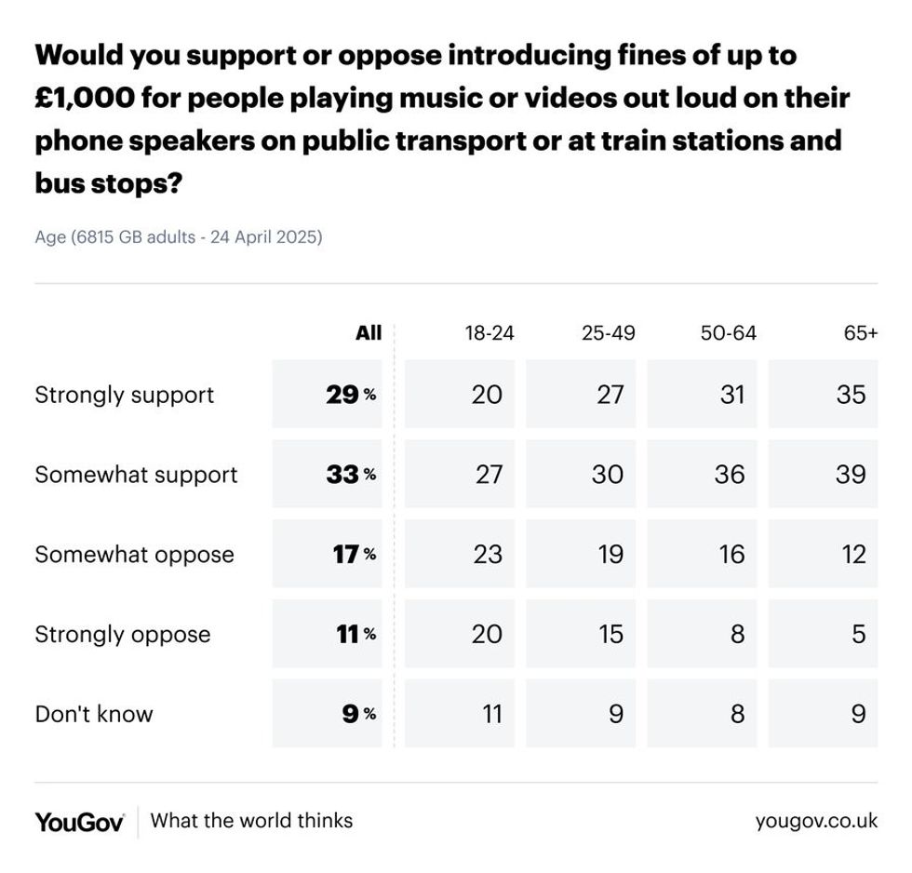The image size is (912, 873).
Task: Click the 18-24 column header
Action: point(490,333)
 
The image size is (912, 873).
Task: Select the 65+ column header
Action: point(860,333)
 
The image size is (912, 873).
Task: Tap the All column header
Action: point(369,333)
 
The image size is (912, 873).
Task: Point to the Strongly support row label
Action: point(125,395)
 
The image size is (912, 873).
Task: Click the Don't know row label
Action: point(94,714)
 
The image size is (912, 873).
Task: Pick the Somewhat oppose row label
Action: point(134,555)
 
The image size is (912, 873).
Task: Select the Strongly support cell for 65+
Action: point(823,395)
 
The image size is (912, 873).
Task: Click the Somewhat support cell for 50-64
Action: point(702,475)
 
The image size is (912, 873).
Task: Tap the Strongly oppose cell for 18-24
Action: point(459,634)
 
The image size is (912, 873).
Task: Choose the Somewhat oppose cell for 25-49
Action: point(581,555)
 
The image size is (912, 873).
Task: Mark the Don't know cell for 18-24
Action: point(459,714)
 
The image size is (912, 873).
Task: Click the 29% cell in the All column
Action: point(328,395)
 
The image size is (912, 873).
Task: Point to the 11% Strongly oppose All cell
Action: point(328,634)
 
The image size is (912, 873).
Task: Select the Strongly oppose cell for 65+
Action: point(823,634)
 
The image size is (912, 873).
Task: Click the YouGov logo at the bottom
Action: point(80,822)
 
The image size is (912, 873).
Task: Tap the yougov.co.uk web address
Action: point(816,821)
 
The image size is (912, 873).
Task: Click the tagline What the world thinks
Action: point(251,821)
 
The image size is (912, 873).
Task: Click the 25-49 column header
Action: point(609,333)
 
